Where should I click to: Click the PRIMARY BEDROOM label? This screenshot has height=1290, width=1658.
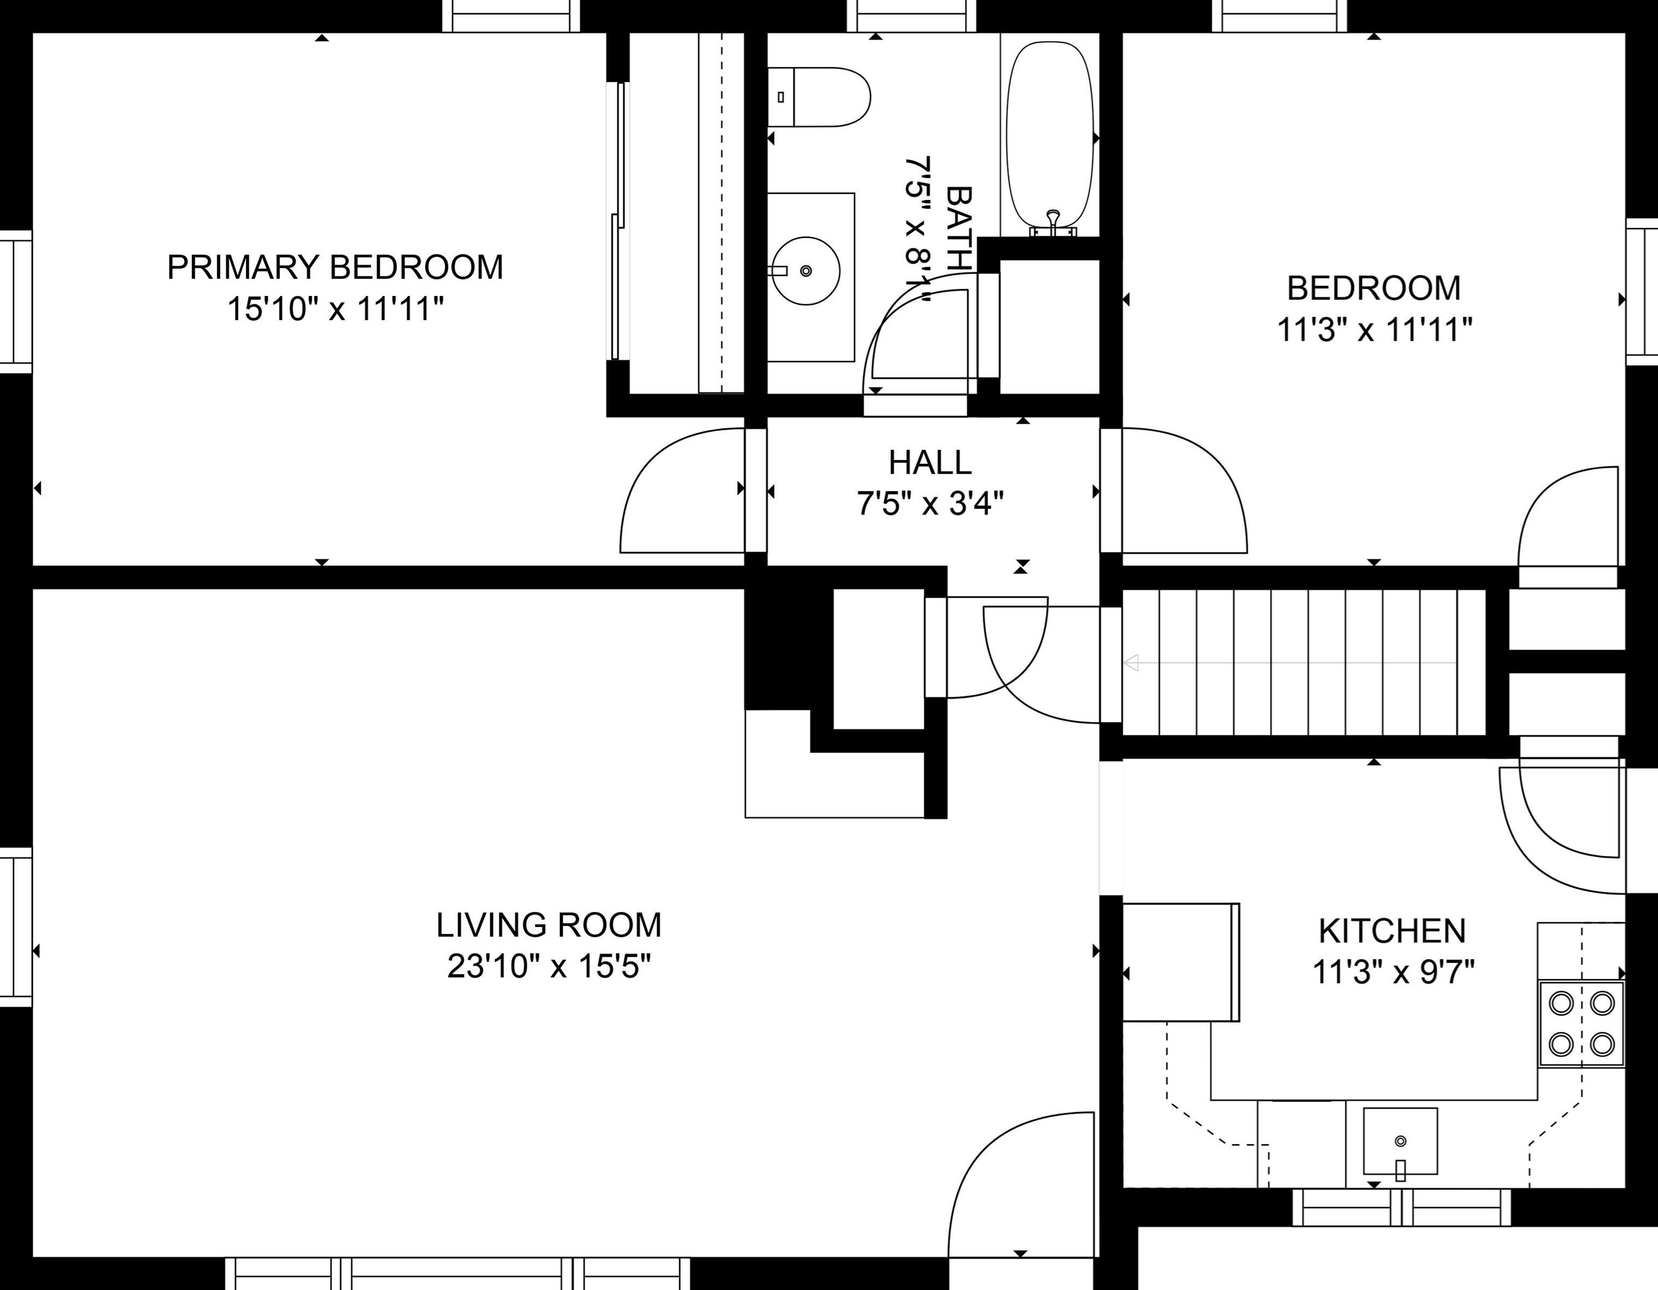335,267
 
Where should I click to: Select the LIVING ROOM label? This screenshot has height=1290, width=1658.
549,925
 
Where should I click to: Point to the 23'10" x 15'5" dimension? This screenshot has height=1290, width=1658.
549,966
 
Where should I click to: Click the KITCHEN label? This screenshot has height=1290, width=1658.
1392,931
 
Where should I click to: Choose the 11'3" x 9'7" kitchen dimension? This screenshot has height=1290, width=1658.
1393,972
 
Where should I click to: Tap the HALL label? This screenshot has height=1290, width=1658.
930,463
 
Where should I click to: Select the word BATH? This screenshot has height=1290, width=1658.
959,228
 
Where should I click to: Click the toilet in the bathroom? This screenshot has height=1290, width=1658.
819,97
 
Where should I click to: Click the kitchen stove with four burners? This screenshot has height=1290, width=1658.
1582,1024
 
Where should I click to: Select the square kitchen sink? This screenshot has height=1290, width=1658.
1400,1141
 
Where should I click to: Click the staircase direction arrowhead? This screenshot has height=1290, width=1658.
1131,663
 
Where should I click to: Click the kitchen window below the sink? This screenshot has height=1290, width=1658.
1401,1207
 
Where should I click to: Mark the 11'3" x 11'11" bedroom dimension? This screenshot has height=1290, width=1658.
1375,330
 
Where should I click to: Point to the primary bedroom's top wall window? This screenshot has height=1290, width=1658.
511,15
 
